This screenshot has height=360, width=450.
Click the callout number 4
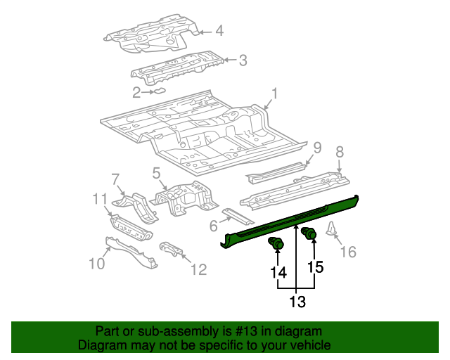[x=219, y=30]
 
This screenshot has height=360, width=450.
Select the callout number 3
[x=243, y=60]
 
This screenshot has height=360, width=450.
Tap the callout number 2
[x=136, y=91]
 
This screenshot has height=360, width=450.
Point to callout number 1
[x=275, y=93]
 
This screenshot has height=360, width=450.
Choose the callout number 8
[x=339, y=151]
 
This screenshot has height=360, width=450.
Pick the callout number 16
[x=348, y=251]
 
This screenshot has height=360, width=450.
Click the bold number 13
[x=297, y=302]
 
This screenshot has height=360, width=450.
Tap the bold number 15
[x=314, y=267]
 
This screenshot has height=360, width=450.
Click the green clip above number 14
[x=276, y=244]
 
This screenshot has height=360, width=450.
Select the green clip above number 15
[x=308, y=234]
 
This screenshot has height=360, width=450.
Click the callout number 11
[x=101, y=200]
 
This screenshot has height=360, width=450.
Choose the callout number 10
[x=96, y=263]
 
